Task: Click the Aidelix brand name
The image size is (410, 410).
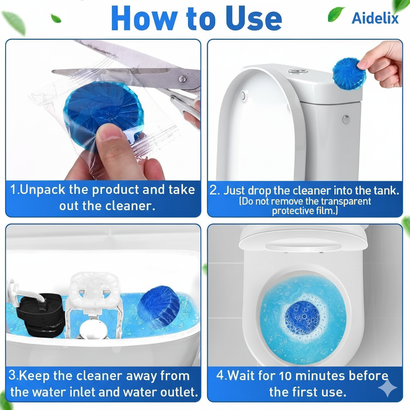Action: click(x=375, y=18)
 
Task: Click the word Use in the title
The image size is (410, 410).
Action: click(x=253, y=18)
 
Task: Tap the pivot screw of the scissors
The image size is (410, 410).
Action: click(x=182, y=78)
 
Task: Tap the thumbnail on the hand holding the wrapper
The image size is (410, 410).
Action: click(x=111, y=131)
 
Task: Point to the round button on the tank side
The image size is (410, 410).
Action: click(x=346, y=119)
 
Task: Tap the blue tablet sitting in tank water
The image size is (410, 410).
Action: click(x=159, y=306)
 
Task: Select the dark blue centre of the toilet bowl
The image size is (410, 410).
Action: click(x=302, y=318)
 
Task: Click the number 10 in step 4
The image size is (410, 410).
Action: click(x=285, y=376)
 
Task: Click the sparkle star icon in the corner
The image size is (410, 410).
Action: click(x=387, y=388)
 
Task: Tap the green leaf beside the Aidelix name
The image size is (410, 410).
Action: click(x=336, y=14)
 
